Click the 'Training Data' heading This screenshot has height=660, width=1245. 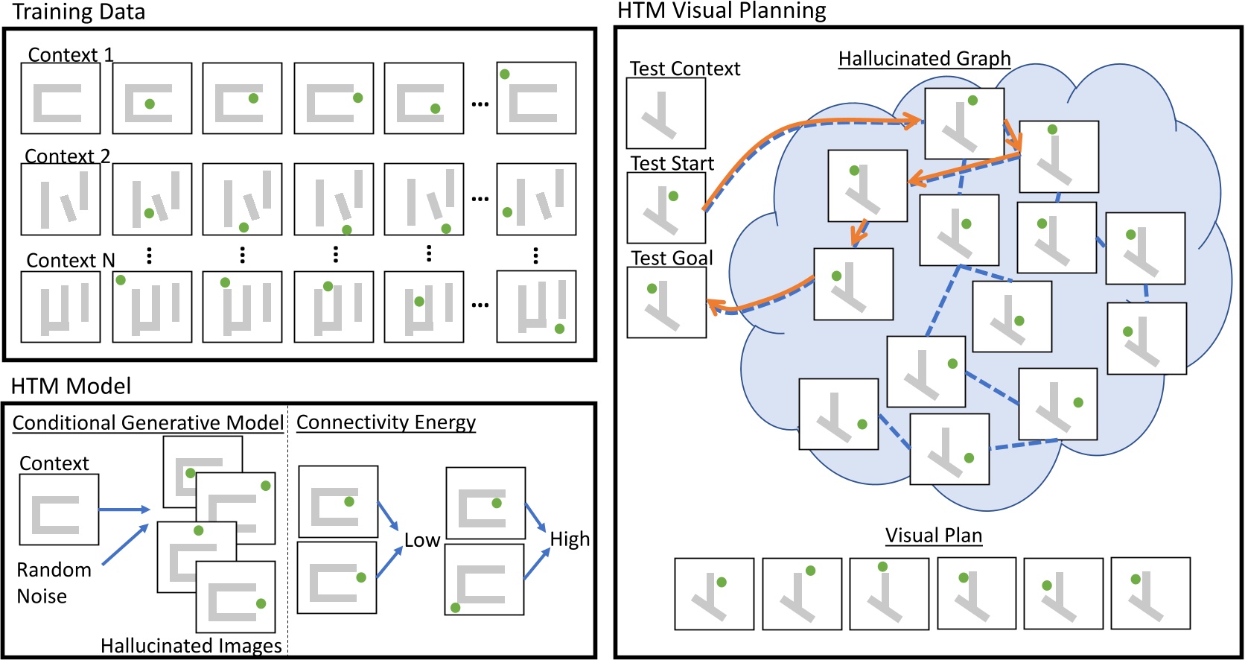pyautogui.click(x=78, y=12)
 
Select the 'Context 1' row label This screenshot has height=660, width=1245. pyautogui.click(x=70, y=55)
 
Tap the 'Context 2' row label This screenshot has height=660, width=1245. pyautogui.click(x=67, y=156)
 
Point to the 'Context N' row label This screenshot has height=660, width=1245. pyautogui.click(x=71, y=261)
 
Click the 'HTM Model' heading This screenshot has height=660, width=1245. pyautogui.click(x=71, y=386)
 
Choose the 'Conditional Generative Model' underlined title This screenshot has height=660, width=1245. pyautogui.click(x=147, y=423)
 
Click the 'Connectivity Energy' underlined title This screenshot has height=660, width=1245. pyautogui.click(x=386, y=422)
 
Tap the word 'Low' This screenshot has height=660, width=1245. pyautogui.click(x=422, y=541)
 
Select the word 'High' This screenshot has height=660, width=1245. pyautogui.click(x=570, y=539)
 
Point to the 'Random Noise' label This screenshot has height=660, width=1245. pyautogui.click(x=54, y=583)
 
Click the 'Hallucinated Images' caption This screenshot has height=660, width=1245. pyautogui.click(x=191, y=646)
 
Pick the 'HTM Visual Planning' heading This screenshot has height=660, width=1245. pyautogui.click(x=722, y=11)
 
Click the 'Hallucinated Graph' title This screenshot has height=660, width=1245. pyautogui.click(x=924, y=59)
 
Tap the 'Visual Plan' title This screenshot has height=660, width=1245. pyautogui.click(x=934, y=536)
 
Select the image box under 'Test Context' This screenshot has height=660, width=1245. pyautogui.click(x=666, y=113)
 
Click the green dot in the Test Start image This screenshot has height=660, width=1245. pyautogui.click(x=673, y=196)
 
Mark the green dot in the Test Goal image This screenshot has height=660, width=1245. pyautogui.click(x=652, y=288)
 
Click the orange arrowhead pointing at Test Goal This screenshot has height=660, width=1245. pyautogui.click(x=715, y=304)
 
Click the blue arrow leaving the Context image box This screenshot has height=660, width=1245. pyautogui.click(x=124, y=510)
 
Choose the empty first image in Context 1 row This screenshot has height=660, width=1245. pyautogui.click(x=60, y=98)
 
